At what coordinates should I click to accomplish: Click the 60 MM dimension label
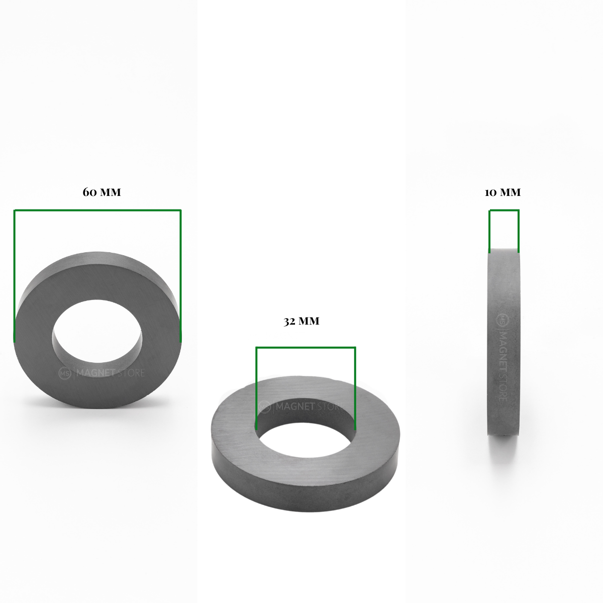tap(102, 192)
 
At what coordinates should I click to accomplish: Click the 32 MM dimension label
tap(301, 322)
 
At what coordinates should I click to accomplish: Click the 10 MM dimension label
tap(502, 192)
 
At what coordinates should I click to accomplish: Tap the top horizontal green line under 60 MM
tap(97, 210)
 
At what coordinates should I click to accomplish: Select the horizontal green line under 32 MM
tap(306, 347)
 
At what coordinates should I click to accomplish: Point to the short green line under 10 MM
tap(504, 211)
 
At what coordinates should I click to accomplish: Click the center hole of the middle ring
tap(306, 443)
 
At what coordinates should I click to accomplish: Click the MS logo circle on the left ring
tap(65, 373)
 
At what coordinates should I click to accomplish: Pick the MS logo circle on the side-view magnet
tap(502, 320)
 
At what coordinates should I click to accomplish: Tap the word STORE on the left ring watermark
tap(132, 373)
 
